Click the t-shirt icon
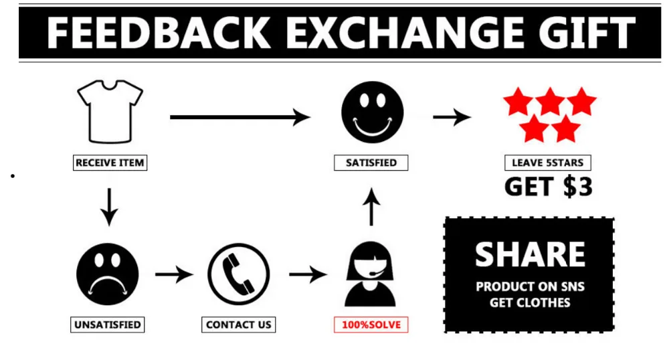(x=110, y=110)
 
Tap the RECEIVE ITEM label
(x=110, y=163)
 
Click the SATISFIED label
(x=371, y=163)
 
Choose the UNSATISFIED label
(x=108, y=325)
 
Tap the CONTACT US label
(x=239, y=325)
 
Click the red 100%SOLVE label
(x=371, y=325)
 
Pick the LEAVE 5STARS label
(x=547, y=163)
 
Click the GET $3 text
(x=548, y=187)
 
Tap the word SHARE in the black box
(x=530, y=254)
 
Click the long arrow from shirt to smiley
(x=240, y=118)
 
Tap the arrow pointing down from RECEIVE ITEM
(x=110, y=207)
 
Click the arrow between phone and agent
(x=307, y=274)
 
